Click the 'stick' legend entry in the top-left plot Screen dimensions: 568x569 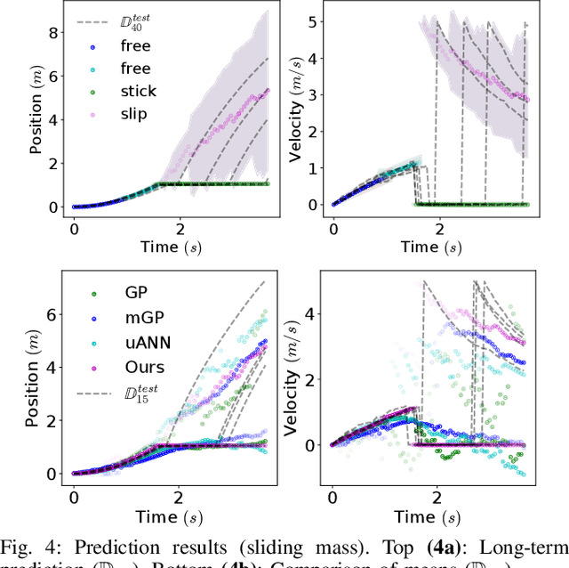(137, 90)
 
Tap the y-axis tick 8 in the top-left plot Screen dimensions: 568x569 (53, 33)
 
